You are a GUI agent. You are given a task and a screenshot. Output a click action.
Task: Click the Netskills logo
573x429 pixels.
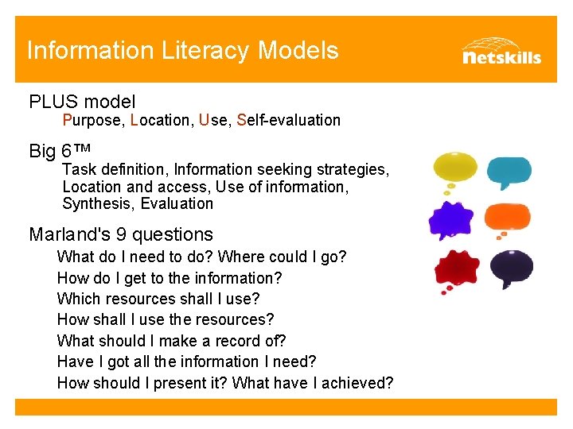501,51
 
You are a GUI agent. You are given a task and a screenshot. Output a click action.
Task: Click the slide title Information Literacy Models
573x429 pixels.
182,51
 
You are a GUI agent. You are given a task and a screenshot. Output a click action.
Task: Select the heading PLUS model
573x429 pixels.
82,102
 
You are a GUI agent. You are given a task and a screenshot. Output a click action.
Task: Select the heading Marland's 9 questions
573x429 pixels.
121,234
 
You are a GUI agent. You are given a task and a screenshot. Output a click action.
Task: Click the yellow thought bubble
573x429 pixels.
455,169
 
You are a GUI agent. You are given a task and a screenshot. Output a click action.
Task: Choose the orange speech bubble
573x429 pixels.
507,217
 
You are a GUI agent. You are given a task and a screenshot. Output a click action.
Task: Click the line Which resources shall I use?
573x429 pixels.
158,300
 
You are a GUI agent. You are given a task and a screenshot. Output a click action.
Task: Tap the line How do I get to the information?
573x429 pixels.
170,278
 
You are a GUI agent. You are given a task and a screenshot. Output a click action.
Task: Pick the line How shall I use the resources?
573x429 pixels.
166,320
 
